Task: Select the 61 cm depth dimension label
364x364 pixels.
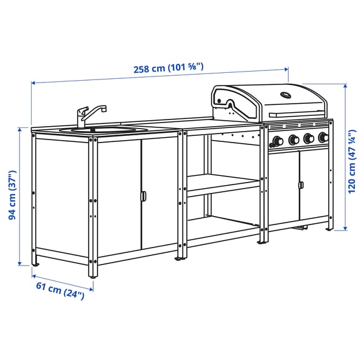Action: click(63, 292)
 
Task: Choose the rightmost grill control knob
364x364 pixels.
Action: click(323, 138)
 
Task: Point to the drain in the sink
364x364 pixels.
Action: click(92, 129)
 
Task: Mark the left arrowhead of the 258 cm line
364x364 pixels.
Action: click(33, 83)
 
